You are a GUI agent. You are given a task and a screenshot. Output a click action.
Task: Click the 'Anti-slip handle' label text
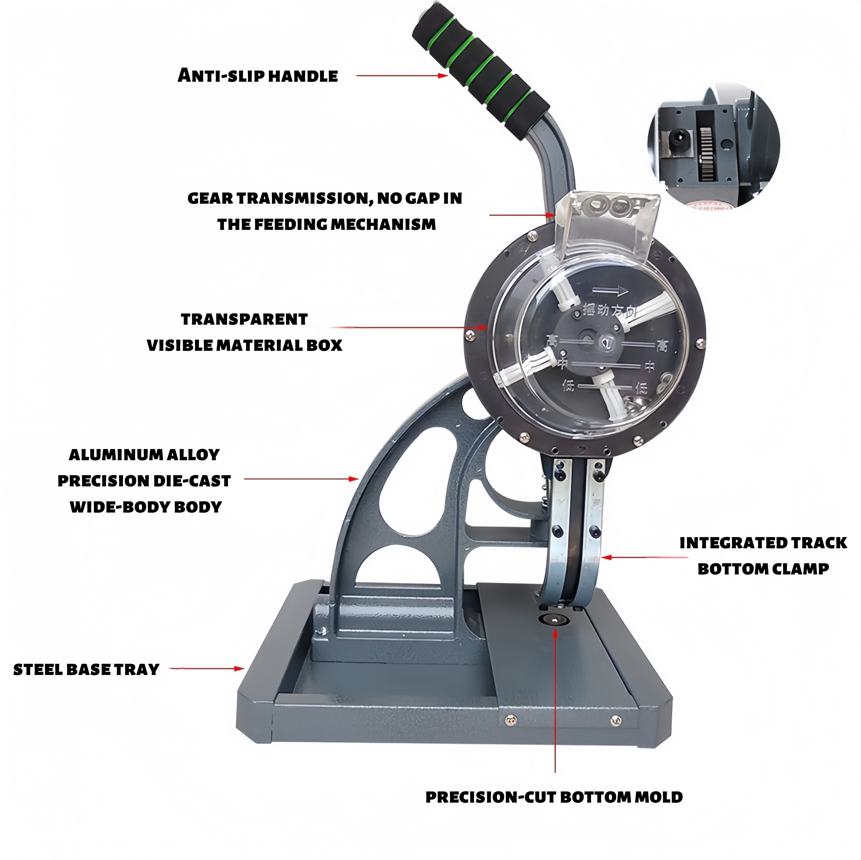tap(257, 76)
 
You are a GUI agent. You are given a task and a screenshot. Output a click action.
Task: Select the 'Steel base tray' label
tap(86, 669)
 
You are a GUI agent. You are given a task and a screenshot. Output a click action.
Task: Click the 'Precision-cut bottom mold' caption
tap(554, 797)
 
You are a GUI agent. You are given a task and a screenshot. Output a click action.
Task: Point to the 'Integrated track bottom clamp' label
tap(763, 556)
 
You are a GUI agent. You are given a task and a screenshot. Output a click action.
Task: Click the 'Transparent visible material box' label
tap(244, 332)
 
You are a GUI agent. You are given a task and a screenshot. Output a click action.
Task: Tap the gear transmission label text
tap(325, 211)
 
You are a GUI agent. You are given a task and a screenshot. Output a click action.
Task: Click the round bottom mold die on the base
tap(555, 620)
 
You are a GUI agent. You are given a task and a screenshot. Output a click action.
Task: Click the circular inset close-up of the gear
tap(713, 149)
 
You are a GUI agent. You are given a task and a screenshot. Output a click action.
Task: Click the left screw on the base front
tap(511, 719)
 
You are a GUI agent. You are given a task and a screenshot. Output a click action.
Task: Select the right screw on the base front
tap(616, 719)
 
